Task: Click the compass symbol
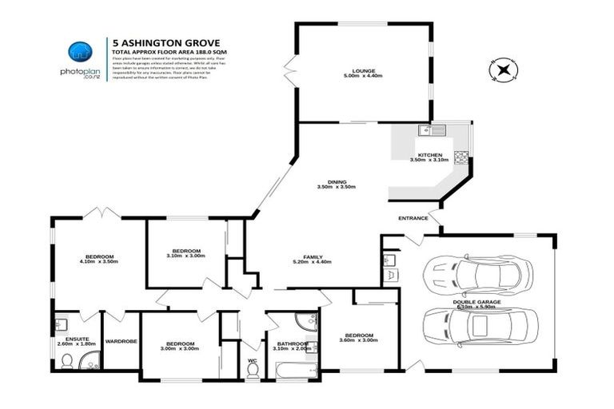(x=503, y=70)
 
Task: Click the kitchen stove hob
(x=461, y=157)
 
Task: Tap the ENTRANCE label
(x=412, y=217)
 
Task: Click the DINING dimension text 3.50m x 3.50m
(x=336, y=187)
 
